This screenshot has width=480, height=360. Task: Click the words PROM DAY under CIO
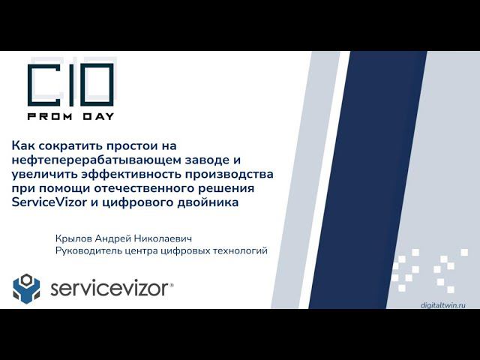[70, 116]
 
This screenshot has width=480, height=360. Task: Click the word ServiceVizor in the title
[50, 202]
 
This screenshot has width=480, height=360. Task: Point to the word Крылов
[73, 238]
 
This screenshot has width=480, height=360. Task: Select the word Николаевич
[162, 238]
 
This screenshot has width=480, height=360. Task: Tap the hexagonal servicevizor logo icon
[26, 288]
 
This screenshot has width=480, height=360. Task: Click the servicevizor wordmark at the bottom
[109, 289]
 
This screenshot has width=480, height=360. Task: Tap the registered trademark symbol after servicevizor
[172, 284]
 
